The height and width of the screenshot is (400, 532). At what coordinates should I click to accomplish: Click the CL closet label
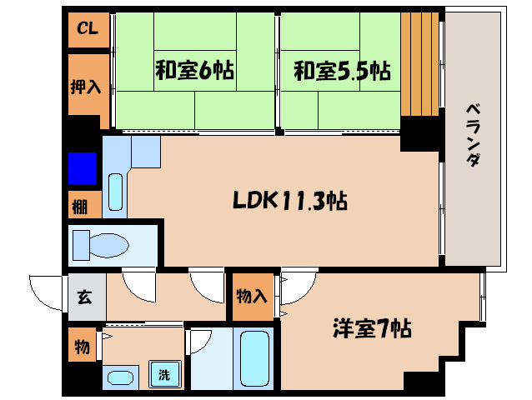pos(87,29)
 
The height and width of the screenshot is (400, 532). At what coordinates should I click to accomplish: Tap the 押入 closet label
pos(87,85)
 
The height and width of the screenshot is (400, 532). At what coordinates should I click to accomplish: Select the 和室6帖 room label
pos(193,71)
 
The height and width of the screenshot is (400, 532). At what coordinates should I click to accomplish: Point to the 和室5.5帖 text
pos(341,72)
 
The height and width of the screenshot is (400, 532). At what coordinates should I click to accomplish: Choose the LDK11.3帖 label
pos(289,201)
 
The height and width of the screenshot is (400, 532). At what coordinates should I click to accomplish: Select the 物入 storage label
pos(253,297)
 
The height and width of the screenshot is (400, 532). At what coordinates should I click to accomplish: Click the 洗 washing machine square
pos(164,374)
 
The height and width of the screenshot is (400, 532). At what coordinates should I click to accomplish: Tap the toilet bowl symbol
pos(101,245)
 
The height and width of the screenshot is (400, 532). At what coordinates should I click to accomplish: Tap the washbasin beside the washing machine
pos(122,377)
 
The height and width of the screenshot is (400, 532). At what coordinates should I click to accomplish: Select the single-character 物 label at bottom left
pos(83,347)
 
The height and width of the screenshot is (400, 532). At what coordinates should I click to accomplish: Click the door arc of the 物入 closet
pos(295,290)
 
